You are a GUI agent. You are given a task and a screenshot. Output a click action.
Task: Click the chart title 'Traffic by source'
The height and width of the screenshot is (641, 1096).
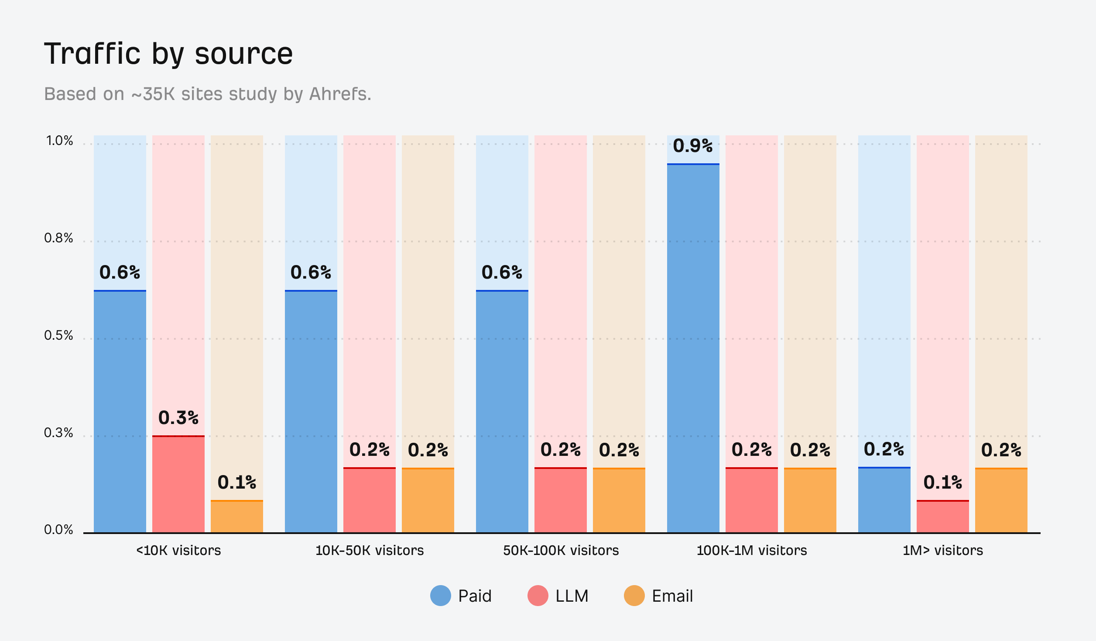[168, 54]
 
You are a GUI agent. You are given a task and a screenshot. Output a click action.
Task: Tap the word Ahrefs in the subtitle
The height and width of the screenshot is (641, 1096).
[340, 94]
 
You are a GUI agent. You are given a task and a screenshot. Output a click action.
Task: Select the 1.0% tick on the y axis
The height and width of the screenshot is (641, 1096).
[59, 141]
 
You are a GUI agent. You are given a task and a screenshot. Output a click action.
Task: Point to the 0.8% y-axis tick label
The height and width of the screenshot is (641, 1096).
[58, 238]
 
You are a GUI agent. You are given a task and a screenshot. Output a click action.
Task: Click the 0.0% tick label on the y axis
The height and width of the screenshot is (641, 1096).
[58, 530]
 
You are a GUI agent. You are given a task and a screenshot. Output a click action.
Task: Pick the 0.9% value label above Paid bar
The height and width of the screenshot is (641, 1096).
[692, 146]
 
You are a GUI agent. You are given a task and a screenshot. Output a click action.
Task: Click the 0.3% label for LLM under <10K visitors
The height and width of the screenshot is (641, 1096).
[178, 418]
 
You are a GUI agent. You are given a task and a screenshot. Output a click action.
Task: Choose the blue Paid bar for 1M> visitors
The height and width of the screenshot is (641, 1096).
[884, 500]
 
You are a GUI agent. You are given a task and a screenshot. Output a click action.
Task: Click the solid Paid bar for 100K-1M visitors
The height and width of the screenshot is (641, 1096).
[693, 349]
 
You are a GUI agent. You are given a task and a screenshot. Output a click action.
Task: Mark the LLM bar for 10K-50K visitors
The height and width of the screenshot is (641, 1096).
[369, 500]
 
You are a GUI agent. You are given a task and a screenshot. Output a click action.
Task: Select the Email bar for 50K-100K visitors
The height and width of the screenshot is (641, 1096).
[619, 500]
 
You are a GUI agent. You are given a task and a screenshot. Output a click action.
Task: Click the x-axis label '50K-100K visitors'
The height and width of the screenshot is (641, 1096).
[561, 551]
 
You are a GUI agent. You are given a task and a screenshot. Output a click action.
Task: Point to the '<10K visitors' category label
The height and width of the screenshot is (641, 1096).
[178, 551]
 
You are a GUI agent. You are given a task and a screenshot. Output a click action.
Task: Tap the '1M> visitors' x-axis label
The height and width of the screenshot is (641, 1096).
[942, 551]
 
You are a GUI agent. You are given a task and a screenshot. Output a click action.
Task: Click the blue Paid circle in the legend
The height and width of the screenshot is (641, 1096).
[440, 596]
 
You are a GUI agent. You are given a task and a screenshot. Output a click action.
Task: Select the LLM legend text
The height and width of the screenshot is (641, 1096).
[572, 596]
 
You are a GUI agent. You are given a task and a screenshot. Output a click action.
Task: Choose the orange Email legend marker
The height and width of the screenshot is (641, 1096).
[634, 596]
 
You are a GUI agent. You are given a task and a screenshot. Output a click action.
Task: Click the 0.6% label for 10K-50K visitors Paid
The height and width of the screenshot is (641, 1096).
[311, 272]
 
